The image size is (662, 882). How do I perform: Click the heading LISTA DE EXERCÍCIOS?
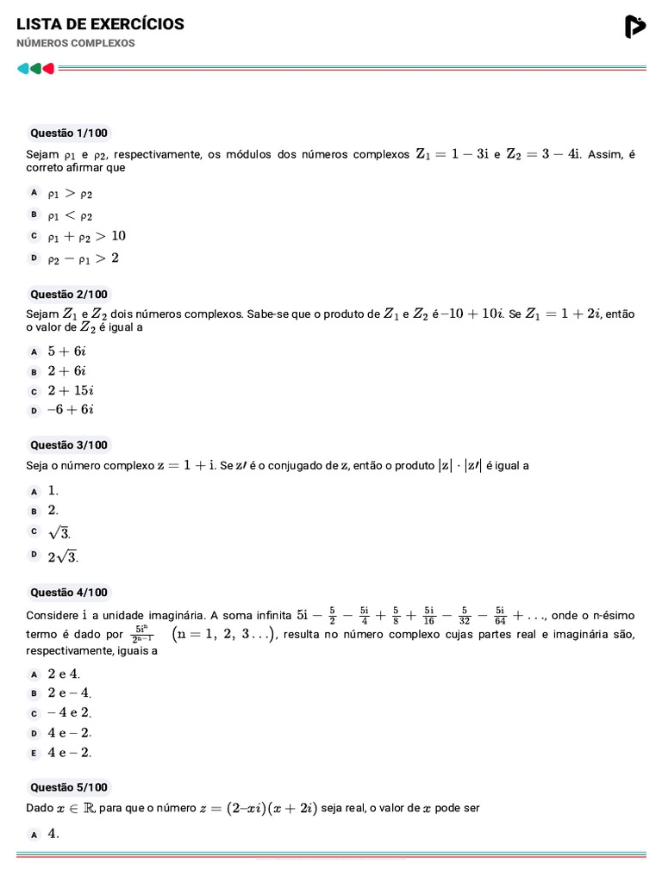[x=100, y=24]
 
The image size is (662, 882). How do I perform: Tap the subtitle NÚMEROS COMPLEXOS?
[x=76, y=43]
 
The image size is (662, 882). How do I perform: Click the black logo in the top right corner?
[x=634, y=28]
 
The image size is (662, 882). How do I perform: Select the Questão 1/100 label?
[x=69, y=134]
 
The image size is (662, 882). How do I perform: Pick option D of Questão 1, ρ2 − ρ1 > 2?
[x=83, y=258]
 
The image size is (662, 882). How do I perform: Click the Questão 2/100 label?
[x=69, y=295]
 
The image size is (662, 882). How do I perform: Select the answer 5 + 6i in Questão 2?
[x=66, y=351]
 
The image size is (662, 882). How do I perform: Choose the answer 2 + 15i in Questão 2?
[x=70, y=390]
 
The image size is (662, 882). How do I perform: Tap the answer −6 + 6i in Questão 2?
[x=70, y=410]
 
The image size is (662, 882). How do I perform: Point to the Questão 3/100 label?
[x=69, y=445]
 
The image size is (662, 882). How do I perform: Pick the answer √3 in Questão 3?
[x=59, y=532]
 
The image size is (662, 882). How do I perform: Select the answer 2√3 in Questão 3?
[x=63, y=556]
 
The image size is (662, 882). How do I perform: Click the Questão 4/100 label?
[x=69, y=593]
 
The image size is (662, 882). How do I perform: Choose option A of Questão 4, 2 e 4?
[x=64, y=674]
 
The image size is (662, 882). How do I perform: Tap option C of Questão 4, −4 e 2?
[x=69, y=713]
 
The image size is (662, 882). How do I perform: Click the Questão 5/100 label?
[x=69, y=787]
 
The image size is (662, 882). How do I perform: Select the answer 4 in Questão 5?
[x=53, y=834]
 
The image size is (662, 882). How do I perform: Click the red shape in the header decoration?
[x=49, y=68]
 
